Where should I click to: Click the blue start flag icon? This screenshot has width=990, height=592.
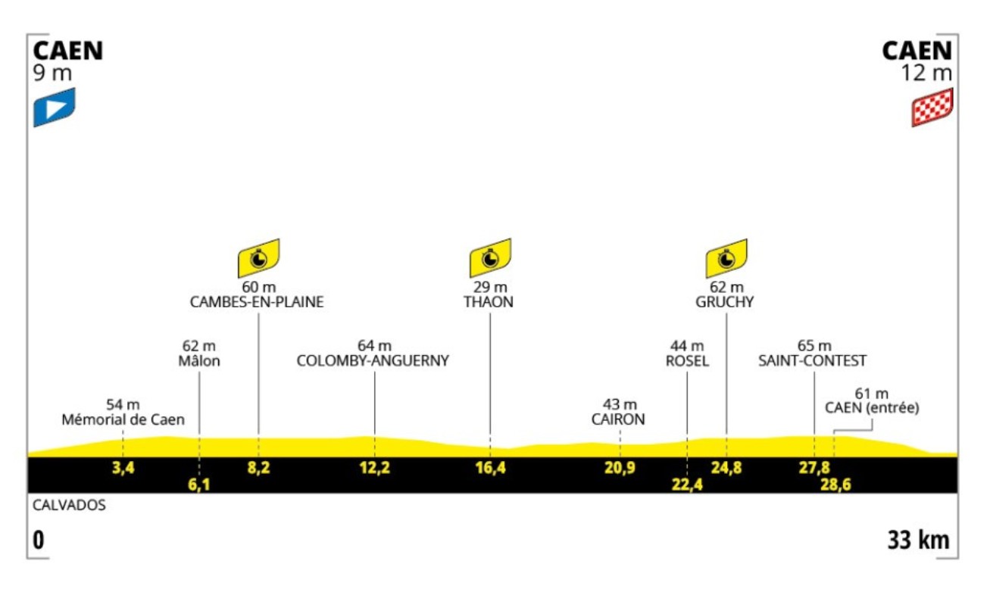55,107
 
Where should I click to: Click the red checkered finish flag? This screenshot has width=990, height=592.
932,107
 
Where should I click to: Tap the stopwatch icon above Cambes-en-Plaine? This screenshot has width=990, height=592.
259,258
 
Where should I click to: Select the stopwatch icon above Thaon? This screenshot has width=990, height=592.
490,258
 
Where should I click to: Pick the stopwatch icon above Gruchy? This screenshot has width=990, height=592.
726,258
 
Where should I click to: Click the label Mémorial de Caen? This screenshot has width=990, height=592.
123,419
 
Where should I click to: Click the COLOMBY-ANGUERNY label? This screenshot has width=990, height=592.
373,361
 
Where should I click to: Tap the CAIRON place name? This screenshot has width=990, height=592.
620,419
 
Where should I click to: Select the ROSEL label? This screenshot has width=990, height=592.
687,361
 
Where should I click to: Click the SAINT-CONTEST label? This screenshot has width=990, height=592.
813,361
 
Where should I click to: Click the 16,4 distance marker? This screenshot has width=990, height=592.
490,468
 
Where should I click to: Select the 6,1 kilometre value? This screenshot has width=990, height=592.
198,485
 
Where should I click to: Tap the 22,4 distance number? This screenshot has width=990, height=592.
687,485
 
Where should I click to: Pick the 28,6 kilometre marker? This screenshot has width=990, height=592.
835,485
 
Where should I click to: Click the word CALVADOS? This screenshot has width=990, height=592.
69,505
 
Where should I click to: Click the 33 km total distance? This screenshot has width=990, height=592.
918,541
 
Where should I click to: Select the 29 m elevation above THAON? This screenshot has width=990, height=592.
490,288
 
